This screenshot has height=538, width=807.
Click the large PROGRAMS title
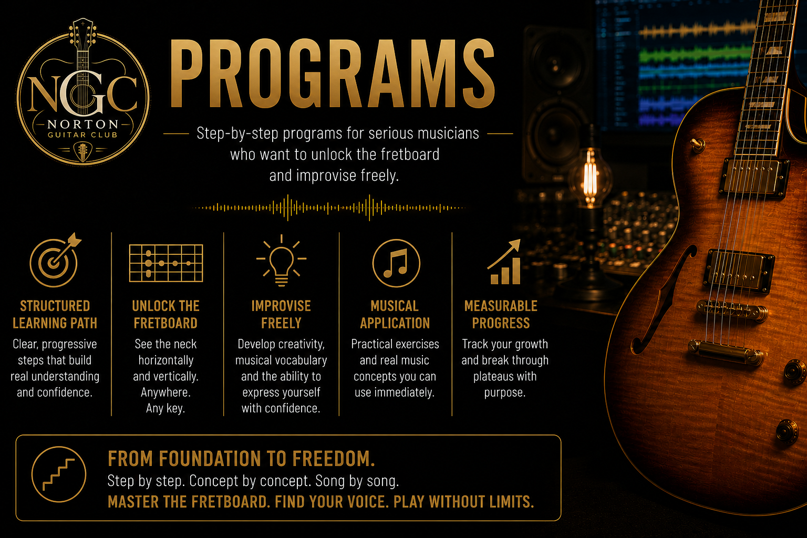[x=332, y=74]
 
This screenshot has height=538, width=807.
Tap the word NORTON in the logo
[x=83, y=125]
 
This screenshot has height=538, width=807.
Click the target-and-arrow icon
[x=55, y=260]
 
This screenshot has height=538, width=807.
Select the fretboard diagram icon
[x=166, y=263]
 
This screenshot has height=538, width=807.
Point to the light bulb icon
[x=282, y=260]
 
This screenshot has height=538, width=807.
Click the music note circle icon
[x=396, y=263]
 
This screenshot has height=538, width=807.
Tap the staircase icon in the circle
[x=59, y=474]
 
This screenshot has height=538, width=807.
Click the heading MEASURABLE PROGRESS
[x=501, y=315]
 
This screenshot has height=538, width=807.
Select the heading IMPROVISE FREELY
[x=281, y=315]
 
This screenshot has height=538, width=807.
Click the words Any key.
[x=165, y=408]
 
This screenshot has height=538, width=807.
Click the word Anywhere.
[x=165, y=392]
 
